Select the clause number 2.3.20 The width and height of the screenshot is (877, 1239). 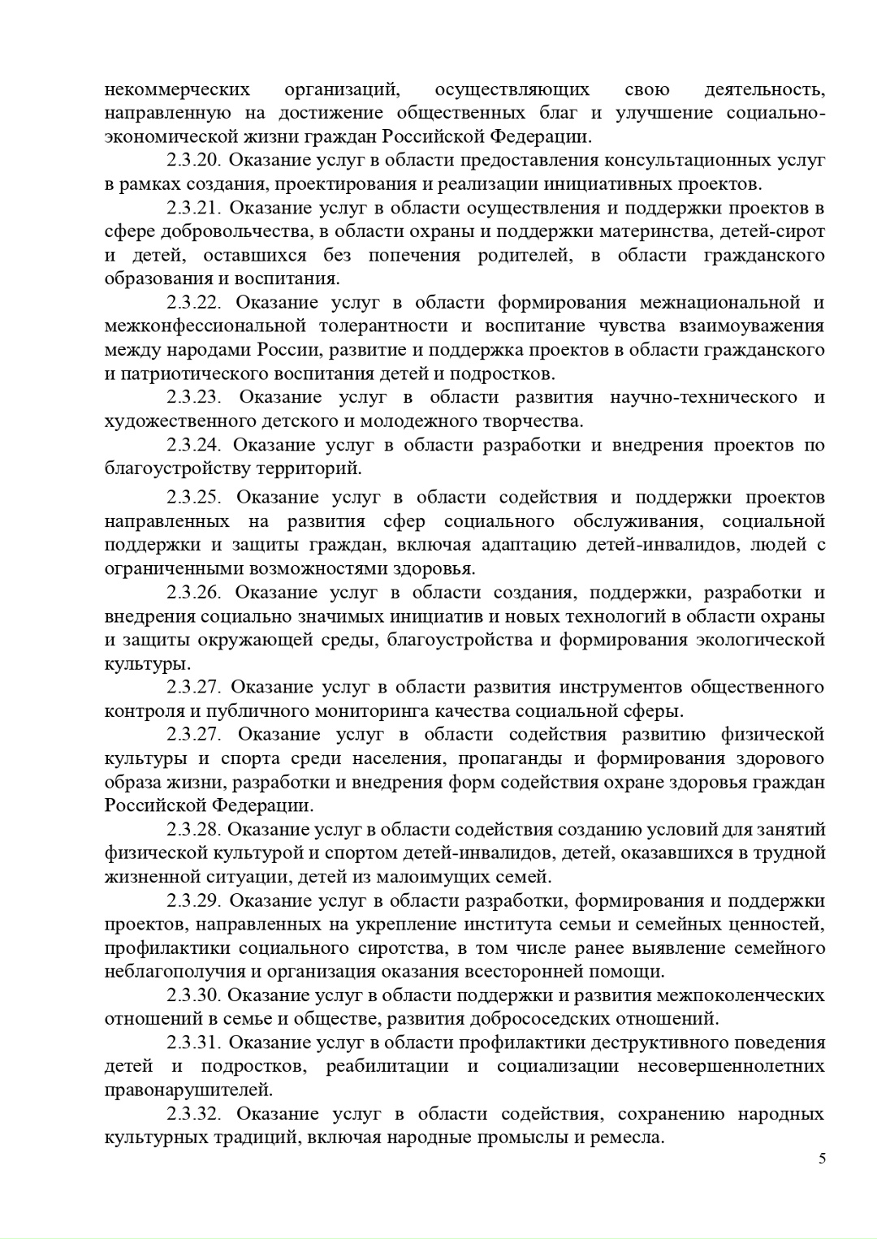(195, 160)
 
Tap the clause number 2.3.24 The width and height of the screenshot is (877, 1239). (195, 445)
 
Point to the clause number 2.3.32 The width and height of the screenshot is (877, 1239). (195, 1113)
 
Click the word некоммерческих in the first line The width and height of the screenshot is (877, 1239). (177, 88)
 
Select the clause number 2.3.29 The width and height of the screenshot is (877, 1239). (195, 900)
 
